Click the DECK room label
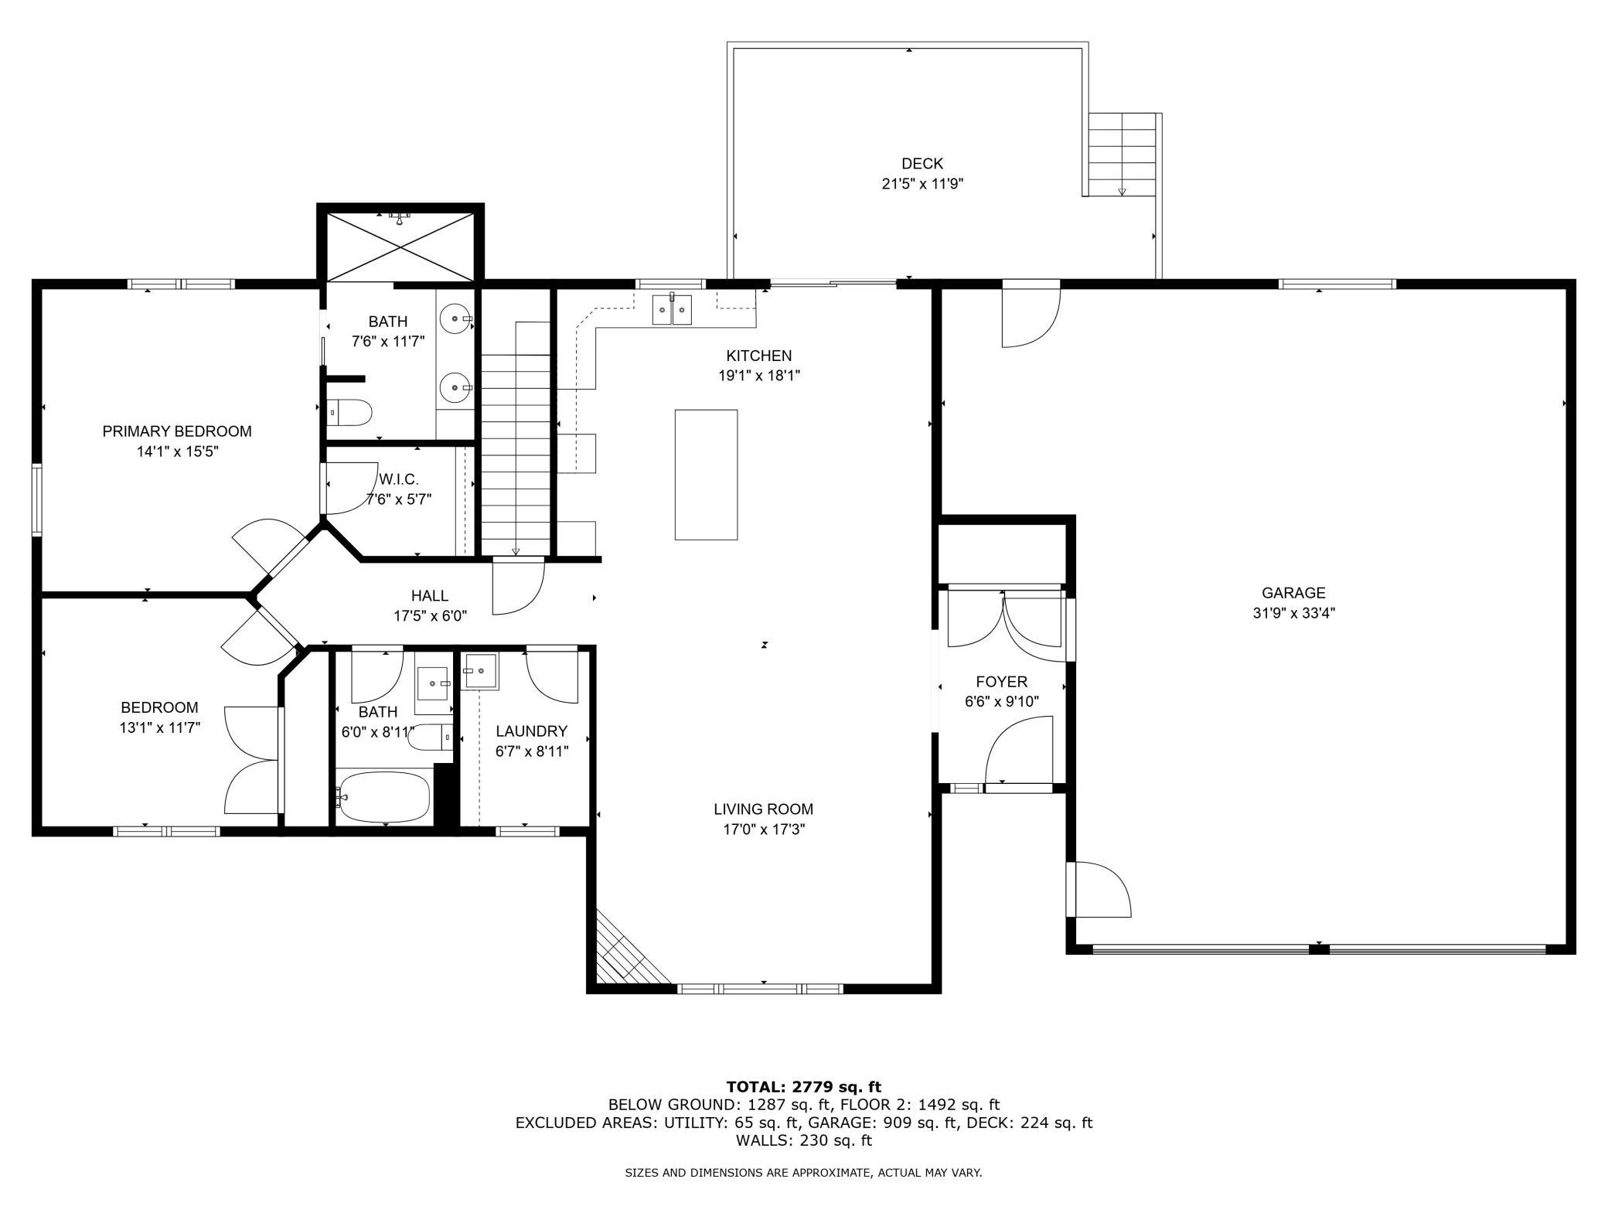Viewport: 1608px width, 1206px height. [x=922, y=164]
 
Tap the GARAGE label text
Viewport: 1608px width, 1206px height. [x=1293, y=593]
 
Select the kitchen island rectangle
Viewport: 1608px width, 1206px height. [x=706, y=475]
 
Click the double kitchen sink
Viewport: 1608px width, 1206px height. [x=672, y=309]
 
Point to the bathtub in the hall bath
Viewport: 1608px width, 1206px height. [x=383, y=797]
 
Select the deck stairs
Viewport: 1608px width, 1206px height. [x=1122, y=155]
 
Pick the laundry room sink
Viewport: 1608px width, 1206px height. [x=481, y=670]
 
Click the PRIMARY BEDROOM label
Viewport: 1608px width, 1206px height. [x=177, y=431]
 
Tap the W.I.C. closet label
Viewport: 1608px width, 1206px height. [x=399, y=479]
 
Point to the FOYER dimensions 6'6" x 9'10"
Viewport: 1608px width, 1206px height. [x=1001, y=702]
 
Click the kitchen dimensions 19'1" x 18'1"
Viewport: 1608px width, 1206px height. [x=758, y=376]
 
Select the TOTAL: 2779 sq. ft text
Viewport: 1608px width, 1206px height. [x=804, y=1087]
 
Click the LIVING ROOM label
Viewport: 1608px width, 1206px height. [x=763, y=809]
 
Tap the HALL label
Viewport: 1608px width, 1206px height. [x=429, y=596]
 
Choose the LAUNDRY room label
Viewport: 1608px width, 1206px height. [x=531, y=731]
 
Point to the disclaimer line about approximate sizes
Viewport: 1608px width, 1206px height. [x=803, y=1173]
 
